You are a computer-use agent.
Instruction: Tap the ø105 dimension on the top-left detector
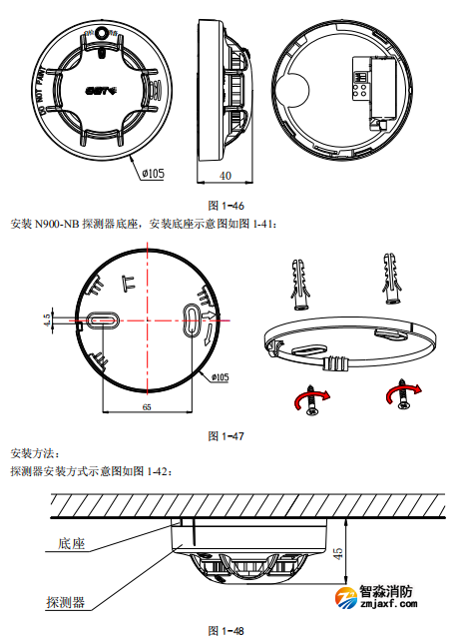(x=153, y=173)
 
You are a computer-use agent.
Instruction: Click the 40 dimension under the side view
(x=225, y=176)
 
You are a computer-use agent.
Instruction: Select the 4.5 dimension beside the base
(x=47, y=320)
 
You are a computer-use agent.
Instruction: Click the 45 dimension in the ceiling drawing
(x=339, y=552)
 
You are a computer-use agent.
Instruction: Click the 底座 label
(x=63, y=545)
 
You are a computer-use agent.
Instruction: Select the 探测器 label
(x=65, y=602)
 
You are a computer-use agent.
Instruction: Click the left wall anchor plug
(x=301, y=284)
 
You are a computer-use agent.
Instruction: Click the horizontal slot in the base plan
(x=102, y=320)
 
